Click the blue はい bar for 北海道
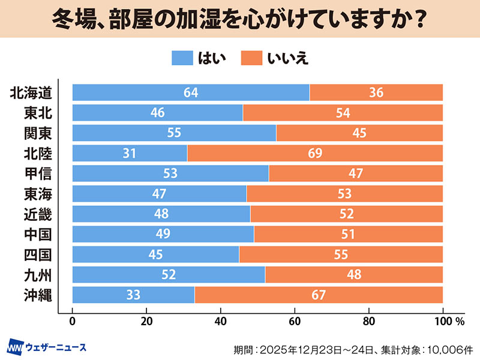click(191, 92)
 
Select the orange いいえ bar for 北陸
click(315, 153)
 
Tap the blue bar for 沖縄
click(133, 295)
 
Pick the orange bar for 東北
click(343, 113)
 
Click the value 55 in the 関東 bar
click(174, 133)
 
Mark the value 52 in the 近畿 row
click(347, 214)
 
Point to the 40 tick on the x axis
click(221, 321)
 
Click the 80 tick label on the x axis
click(369, 321)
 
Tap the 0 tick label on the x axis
click(73, 321)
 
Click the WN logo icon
click(15, 347)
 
